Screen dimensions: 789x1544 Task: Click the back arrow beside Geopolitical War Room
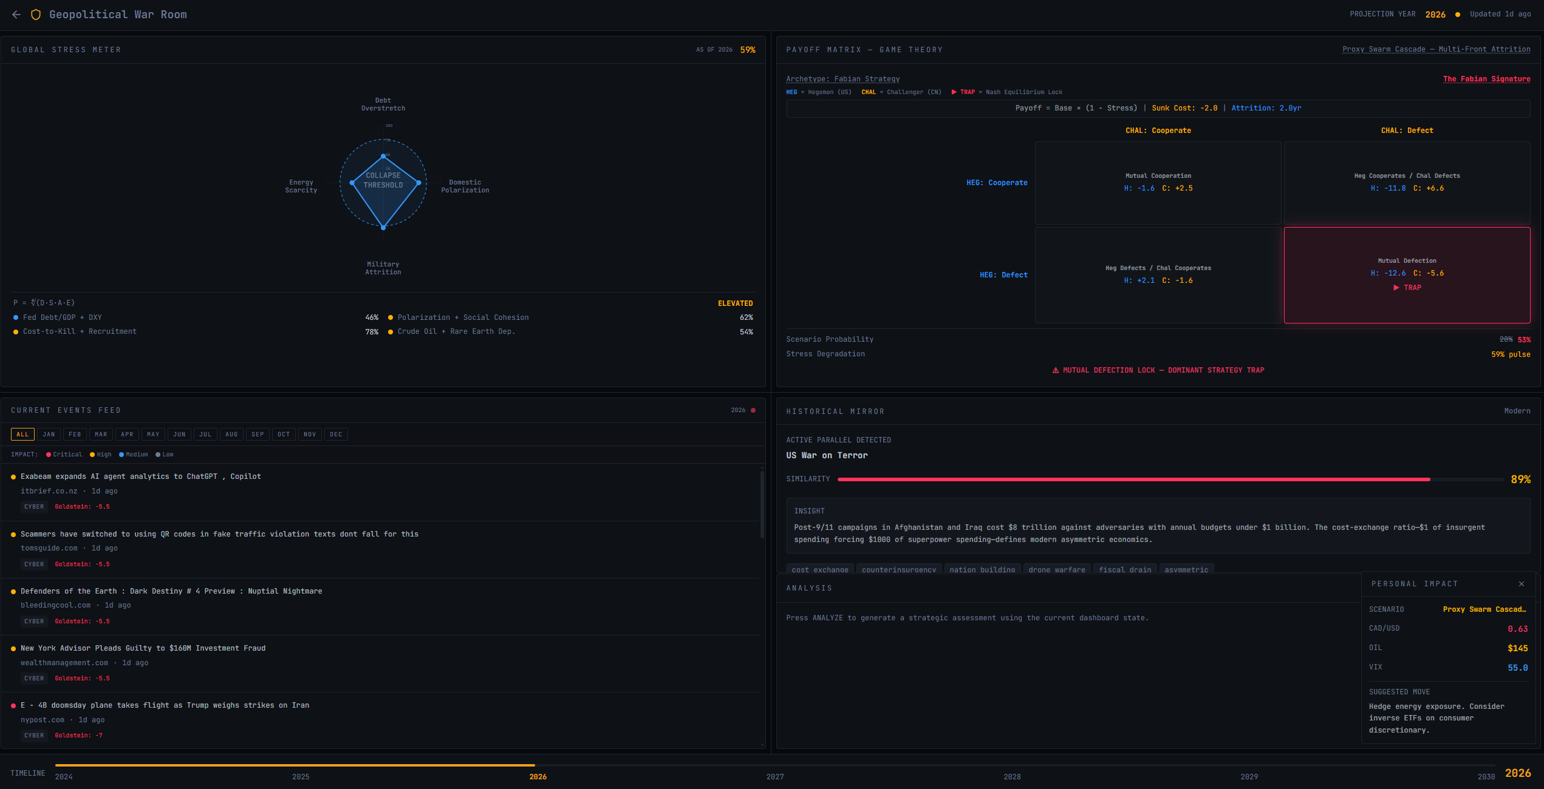pyautogui.click(x=16, y=15)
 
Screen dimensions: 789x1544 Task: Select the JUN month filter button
pyautogui.click(x=179, y=435)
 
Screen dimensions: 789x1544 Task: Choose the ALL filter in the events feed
pyautogui.click(x=22, y=435)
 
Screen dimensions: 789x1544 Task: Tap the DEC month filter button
pyautogui.click(x=336, y=435)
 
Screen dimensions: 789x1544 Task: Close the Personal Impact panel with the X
pyautogui.click(x=1521, y=584)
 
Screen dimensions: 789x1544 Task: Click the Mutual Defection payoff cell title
pyautogui.click(x=1407, y=261)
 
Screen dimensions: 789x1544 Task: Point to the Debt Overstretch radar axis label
pyautogui.click(x=383, y=104)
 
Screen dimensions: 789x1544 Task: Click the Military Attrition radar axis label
pyautogui.click(x=383, y=268)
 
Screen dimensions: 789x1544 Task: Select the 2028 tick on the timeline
pyautogui.click(x=1012, y=777)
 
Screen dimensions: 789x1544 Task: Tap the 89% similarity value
pyautogui.click(x=1520, y=479)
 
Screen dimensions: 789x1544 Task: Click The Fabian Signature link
pyautogui.click(x=1486, y=79)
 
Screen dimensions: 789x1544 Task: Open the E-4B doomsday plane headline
pyautogui.click(x=165, y=705)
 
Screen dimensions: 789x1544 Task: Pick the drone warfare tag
pyautogui.click(x=1056, y=569)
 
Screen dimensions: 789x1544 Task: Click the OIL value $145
pyautogui.click(x=1517, y=648)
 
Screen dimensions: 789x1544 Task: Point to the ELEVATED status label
pyautogui.click(x=735, y=303)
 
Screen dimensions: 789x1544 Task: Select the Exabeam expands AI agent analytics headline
pyautogui.click(x=140, y=476)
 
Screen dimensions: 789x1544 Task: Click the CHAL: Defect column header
pyautogui.click(x=1407, y=130)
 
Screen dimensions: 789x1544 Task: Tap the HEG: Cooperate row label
pyautogui.click(x=997, y=183)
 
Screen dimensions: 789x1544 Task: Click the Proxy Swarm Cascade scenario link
pyautogui.click(x=1436, y=49)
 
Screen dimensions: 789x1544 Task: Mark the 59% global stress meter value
pyautogui.click(x=748, y=50)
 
